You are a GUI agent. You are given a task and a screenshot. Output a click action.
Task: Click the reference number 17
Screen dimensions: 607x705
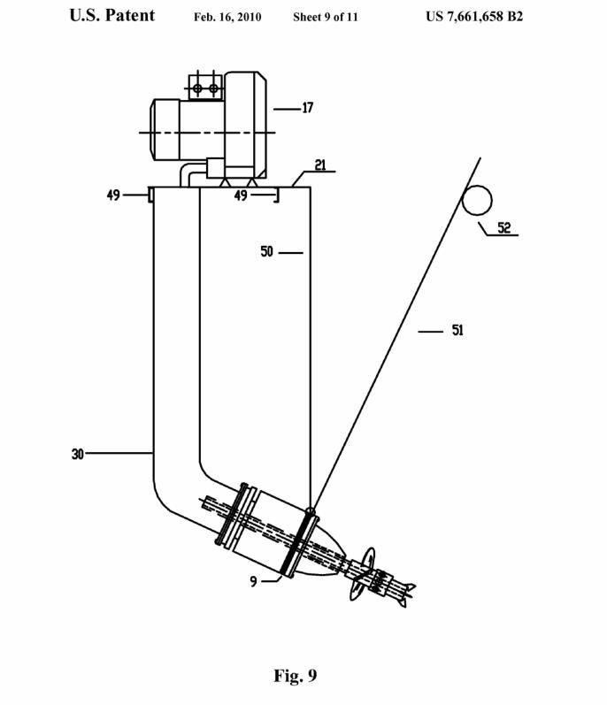[308, 108]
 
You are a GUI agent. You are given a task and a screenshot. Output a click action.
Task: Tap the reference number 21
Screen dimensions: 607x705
[320, 165]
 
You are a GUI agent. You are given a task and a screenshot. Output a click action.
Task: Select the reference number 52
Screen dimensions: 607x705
[504, 227]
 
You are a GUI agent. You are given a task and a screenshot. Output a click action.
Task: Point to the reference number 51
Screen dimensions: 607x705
[457, 331]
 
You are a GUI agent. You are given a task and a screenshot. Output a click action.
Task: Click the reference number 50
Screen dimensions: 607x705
[266, 251]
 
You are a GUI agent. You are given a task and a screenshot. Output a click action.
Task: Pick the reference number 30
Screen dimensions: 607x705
[78, 454]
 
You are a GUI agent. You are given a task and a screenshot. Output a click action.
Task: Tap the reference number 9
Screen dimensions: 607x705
[254, 582]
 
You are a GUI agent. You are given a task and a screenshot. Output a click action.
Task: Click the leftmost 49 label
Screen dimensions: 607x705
[113, 195]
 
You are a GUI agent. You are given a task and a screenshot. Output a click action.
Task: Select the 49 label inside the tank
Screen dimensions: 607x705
[241, 195]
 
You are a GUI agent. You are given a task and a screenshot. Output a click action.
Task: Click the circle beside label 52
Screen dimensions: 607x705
[477, 200]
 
